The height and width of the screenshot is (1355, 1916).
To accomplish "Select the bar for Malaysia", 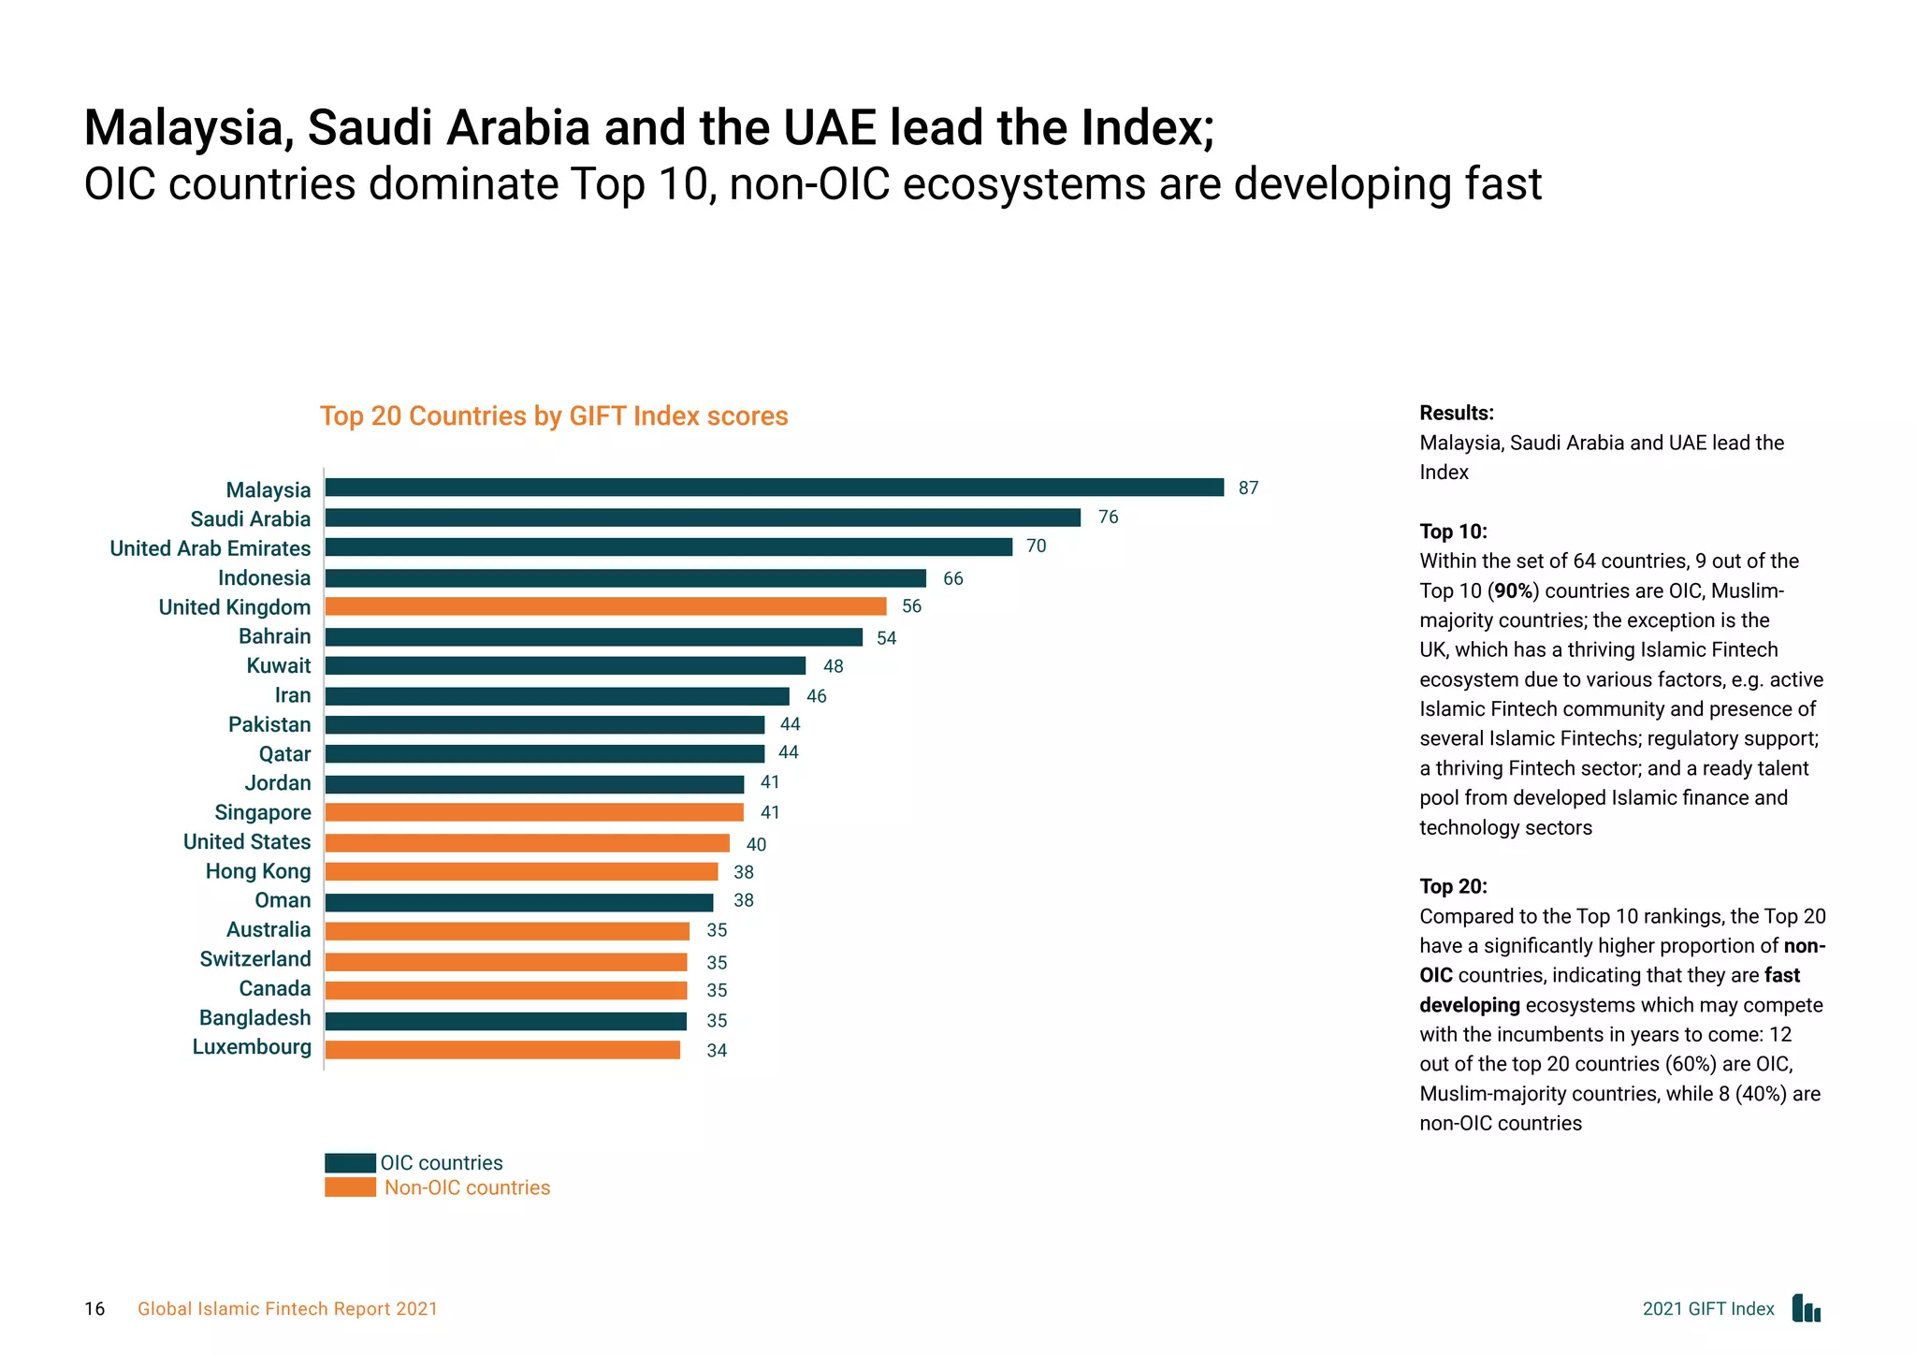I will tap(774, 488).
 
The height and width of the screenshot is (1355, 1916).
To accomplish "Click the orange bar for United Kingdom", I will tap(605, 606).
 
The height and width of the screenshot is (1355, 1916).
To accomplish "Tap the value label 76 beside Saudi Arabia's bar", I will tap(1108, 517).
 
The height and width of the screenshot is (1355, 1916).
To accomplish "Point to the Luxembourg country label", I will tap(252, 1047).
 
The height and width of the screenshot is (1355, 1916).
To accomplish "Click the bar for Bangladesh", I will tap(505, 1021).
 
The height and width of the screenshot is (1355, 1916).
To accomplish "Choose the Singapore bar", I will tap(534, 812).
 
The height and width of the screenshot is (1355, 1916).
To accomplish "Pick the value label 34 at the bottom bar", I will tap(717, 1051).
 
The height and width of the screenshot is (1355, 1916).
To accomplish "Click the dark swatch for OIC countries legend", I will tap(350, 1163).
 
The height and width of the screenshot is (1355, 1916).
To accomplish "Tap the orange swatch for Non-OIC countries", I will tap(350, 1187).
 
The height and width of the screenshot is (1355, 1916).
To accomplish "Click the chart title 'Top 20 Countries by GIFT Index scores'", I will tap(554, 416).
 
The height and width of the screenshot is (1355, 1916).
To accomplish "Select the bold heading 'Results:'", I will tap(1456, 414).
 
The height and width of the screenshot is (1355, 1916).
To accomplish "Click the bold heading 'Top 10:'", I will tap(1453, 532).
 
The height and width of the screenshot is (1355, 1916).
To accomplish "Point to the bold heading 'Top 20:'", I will tap(1453, 886).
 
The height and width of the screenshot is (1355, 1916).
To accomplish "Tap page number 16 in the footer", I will tap(94, 1309).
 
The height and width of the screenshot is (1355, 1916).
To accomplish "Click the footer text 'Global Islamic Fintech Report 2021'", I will tap(287, 1309).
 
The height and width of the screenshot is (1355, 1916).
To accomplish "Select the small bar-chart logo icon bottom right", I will tap(1806, 1308).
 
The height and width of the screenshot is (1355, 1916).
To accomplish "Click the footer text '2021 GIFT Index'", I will tap(1707, 1309).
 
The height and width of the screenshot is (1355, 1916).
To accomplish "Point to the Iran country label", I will tap(292, 695).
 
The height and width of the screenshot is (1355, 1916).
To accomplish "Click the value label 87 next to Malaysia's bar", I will tap(1248, 488).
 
